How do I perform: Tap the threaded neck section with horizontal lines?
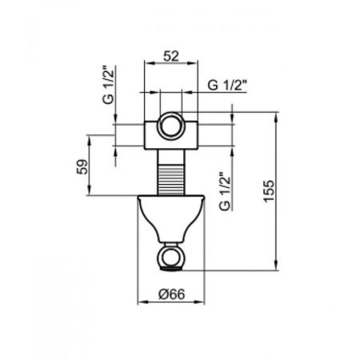coord(170,172)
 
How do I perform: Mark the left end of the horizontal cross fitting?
coord(146,133)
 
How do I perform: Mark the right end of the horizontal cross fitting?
coord(193,133)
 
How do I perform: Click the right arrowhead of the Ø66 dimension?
coord(197,304)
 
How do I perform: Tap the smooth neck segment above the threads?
coord(170,150)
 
